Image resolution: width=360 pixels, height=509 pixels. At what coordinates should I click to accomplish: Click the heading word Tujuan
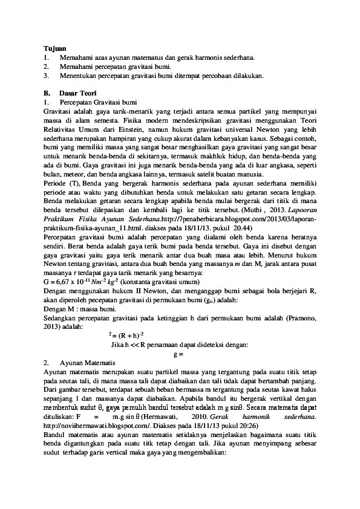(55, 48)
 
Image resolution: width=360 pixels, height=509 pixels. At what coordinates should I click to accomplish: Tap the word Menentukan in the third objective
(77, 76)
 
